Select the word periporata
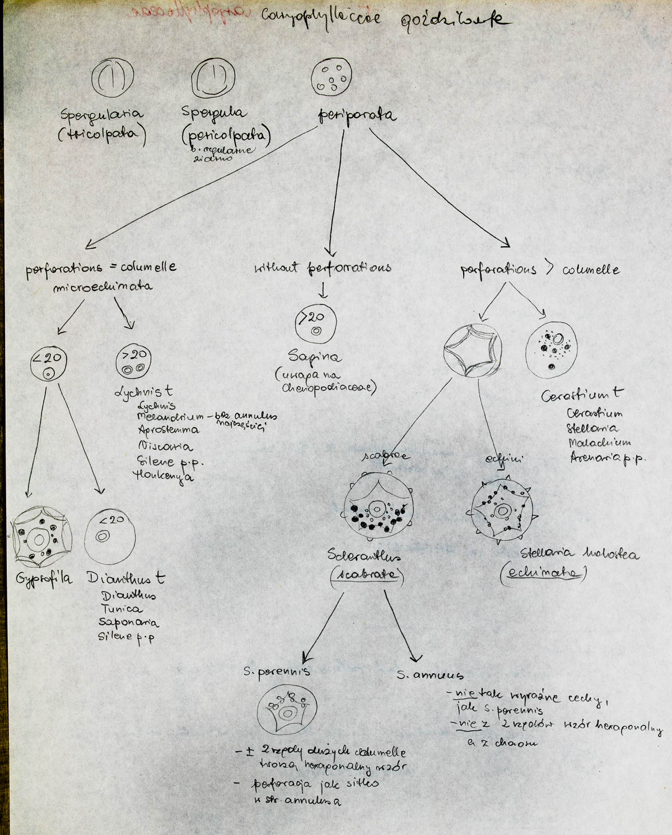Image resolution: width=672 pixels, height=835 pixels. [356, 116]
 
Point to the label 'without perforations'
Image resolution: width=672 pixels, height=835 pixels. [322, 268]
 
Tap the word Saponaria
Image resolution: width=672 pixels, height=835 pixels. [128, 622]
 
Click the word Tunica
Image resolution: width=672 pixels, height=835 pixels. [122, 608]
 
